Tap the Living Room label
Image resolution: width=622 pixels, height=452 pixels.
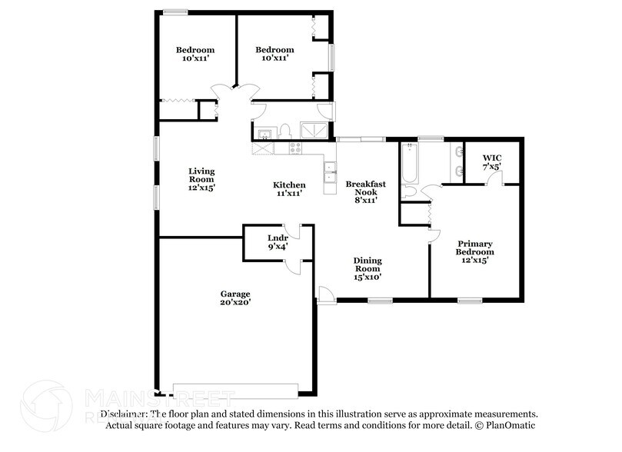202,178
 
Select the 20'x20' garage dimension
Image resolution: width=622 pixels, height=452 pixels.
236,303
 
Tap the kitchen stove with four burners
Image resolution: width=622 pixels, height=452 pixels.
294,146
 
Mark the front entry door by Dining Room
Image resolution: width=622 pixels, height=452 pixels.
325,294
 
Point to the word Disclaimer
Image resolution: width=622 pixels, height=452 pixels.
124,414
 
